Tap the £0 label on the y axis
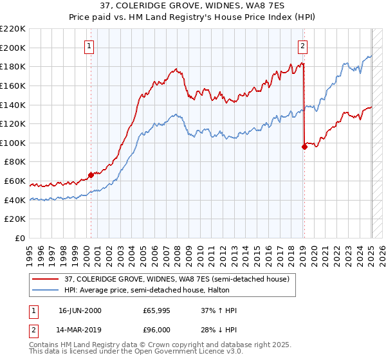coord(20,238)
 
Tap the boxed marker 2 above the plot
coord(302,46)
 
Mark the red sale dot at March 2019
coord(304,147)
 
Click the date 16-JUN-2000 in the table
coord(80,310)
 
